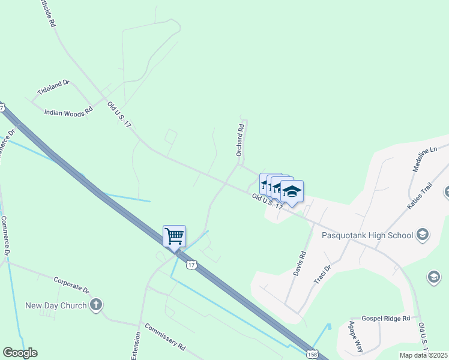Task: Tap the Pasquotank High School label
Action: pos(367,235)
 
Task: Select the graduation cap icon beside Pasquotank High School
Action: pos(422,234)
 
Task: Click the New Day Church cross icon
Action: pos(96,305)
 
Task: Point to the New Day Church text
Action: pos(56,305)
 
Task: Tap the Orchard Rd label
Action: pos(240,140)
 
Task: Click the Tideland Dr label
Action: pos(54,89)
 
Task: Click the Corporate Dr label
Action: pos(71,284)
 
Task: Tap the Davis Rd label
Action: pos(300,263)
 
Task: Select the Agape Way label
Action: pos(356,337)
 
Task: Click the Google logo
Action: pos(20,353)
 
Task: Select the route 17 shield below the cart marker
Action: pos(191,265)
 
